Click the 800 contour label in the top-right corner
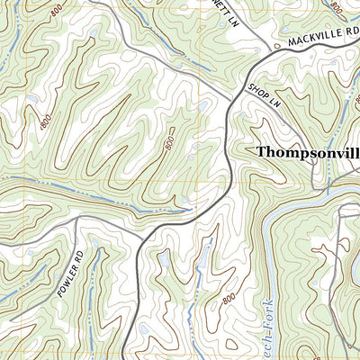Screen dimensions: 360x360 pos(337,7)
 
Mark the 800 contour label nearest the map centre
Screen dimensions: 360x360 pos(168,143)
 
